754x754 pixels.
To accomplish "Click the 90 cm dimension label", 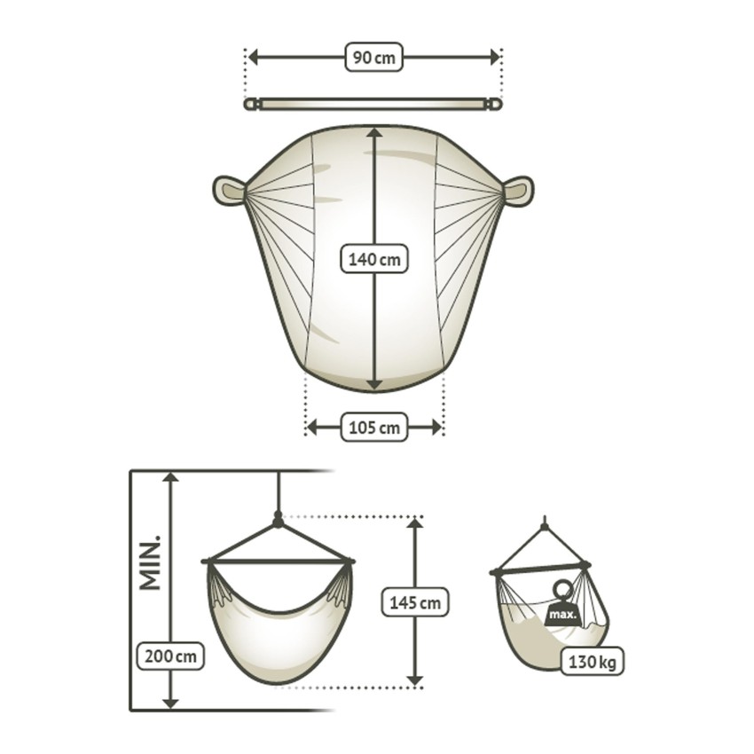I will (373, 58).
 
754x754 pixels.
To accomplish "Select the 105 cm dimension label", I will (373, 428).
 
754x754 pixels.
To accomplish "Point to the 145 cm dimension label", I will (414, 603).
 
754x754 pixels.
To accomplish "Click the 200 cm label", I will (170, 657).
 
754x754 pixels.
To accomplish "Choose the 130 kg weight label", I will (592, 662).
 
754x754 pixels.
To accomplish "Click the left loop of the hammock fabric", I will (228, 191).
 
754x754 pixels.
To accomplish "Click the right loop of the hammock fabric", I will (519, 191).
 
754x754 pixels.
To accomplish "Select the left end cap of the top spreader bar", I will (250, 105).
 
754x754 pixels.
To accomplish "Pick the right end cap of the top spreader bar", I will (495, 105).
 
